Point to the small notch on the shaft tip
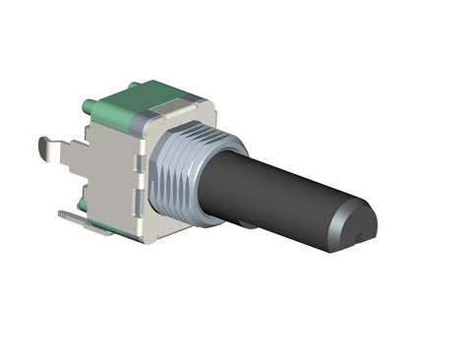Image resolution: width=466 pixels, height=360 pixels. coord(363,235)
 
